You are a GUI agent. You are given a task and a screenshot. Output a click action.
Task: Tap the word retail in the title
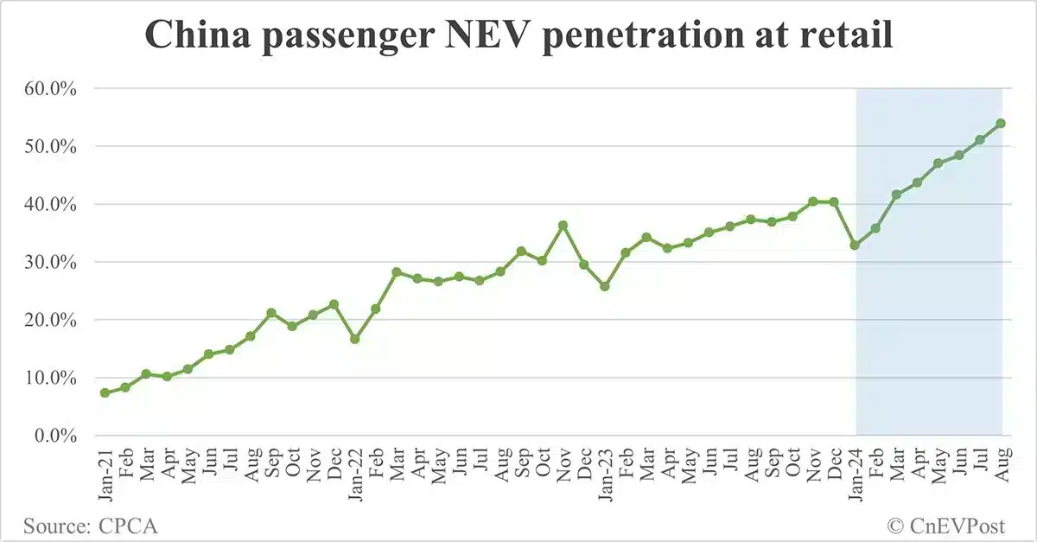click(844, 37)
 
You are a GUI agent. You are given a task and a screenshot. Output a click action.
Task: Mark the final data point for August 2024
click(1001, 124)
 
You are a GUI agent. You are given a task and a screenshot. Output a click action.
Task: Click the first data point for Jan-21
click(105, 392)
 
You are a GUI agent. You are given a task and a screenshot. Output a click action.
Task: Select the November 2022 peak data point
click(563, 226)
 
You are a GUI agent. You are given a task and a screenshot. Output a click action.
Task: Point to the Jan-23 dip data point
click(605, 286)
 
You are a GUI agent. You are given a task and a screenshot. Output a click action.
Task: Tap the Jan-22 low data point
click(355, 339)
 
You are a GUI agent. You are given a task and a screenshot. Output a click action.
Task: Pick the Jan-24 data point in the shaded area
click(856, 245)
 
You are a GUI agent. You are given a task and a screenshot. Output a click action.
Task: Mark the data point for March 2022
click(397, 272)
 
